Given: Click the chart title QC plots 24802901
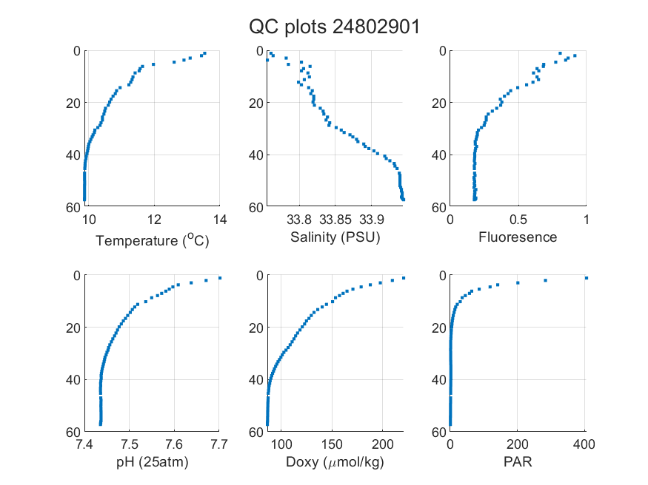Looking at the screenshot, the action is pos(334,27).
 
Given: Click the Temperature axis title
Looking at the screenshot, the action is pos(153,240).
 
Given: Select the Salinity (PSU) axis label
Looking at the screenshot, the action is pos(335,237).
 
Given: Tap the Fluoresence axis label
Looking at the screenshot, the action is pos(518,237).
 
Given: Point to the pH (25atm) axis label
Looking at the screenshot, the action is pos(152,462).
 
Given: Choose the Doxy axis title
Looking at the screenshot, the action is pos(335,462).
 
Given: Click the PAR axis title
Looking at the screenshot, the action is pos(518,461).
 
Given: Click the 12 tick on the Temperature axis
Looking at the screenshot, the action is pos(154,220).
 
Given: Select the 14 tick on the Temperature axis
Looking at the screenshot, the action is pos(220,220).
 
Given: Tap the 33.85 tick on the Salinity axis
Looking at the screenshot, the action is pos(335,220).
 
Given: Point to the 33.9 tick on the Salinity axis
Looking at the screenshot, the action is pos(371,220).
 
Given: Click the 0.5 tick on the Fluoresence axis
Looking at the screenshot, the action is pos(518,220).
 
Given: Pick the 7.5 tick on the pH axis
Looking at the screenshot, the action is pos(130,444).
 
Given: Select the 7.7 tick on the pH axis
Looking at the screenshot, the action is pos(219,444).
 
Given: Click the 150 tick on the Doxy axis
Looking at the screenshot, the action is pos(332,444).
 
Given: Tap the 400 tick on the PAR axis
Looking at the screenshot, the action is pos(584,444).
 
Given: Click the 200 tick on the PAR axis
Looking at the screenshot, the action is pos(518,444).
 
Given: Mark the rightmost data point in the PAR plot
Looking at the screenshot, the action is pos(586,278).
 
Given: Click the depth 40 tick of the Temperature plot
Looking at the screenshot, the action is pos(73,155).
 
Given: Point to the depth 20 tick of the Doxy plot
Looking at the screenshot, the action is pos(256,328).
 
